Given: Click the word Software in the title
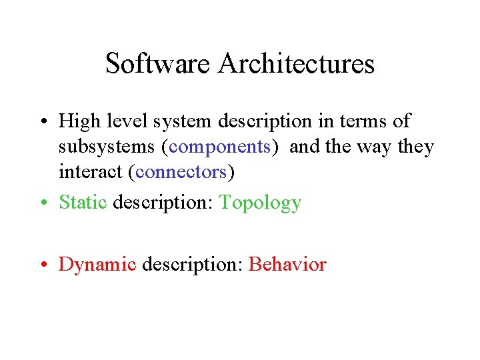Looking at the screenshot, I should pyautogui.click(x=157, y=64).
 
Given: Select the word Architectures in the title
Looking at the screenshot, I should pyautogui.click(x=296, y=64).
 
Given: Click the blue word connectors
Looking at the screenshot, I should pyautogui.click(x=181, y=172).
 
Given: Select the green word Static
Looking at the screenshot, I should pyautogui.click(x=83, y=202).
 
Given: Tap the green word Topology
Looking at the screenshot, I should pyautogui.click(x=261, y=202).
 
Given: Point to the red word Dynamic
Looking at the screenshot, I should pyautogui.click(x=97, y=265).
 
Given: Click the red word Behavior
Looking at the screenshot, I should pyautogui.click(x=287, y=265).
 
